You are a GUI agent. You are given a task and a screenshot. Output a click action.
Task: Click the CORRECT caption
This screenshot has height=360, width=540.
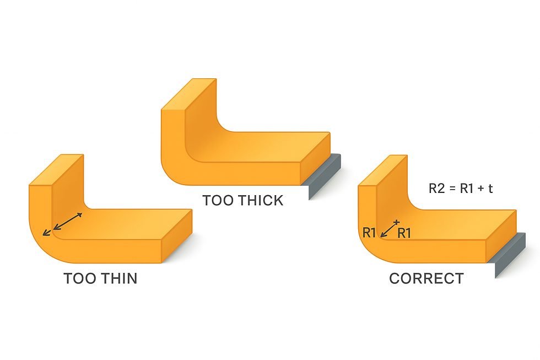click(426, 278)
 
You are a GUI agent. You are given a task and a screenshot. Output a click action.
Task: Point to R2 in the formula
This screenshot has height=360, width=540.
click(436, 189)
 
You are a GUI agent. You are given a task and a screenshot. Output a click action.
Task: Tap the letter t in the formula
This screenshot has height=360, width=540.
click(490, 189)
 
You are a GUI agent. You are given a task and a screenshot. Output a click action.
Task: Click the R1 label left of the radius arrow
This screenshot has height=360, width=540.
click(369, 233)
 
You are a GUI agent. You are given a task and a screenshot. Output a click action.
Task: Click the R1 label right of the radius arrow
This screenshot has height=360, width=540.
click(404, 233)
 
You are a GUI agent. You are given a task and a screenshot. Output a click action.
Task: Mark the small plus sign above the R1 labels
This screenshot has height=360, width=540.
click(396, 222)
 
